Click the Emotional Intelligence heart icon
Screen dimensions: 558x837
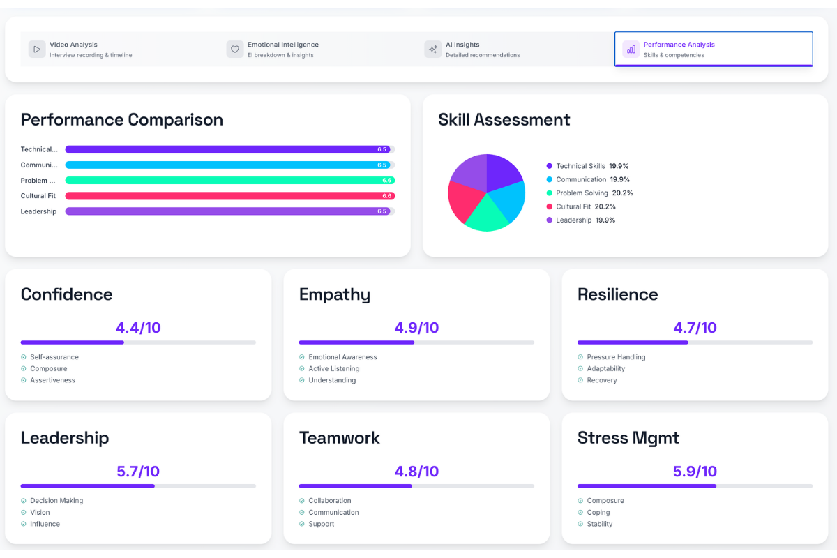pyautogui.click(x=235, y=50)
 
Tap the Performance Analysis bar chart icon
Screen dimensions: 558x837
pyautogui.click(x=631, y=50)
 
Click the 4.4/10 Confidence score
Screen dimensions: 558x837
pyautogui.click(x=138, y=328)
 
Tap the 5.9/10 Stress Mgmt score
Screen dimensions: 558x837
pyautogui.click(x=695, y=472)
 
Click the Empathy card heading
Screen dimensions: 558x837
pyautogui.click(x=334, y=294)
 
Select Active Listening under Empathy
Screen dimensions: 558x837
pyautogui.click(x=333, y=369)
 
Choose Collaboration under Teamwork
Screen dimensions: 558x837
pyautogui.click(x=329, y=501)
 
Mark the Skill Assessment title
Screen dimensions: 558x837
pyautogui.click(x=504, y=120)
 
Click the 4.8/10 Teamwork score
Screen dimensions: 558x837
pyautogui.click(x=416, y=472)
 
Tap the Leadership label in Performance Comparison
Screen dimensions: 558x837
pyautogui.click(x=38, y=211)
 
